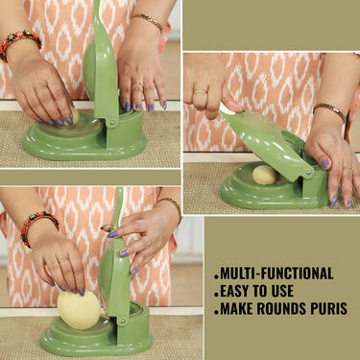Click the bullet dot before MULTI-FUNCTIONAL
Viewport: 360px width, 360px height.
click(x=218, y=274)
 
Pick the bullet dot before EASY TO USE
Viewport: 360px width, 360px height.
click(x=218, y=292)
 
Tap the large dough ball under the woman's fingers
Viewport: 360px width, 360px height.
click(x=79, y=309)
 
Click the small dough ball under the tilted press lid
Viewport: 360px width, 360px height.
click(x=264, y=174)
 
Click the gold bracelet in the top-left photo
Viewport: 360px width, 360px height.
click(x=149, y=20)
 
